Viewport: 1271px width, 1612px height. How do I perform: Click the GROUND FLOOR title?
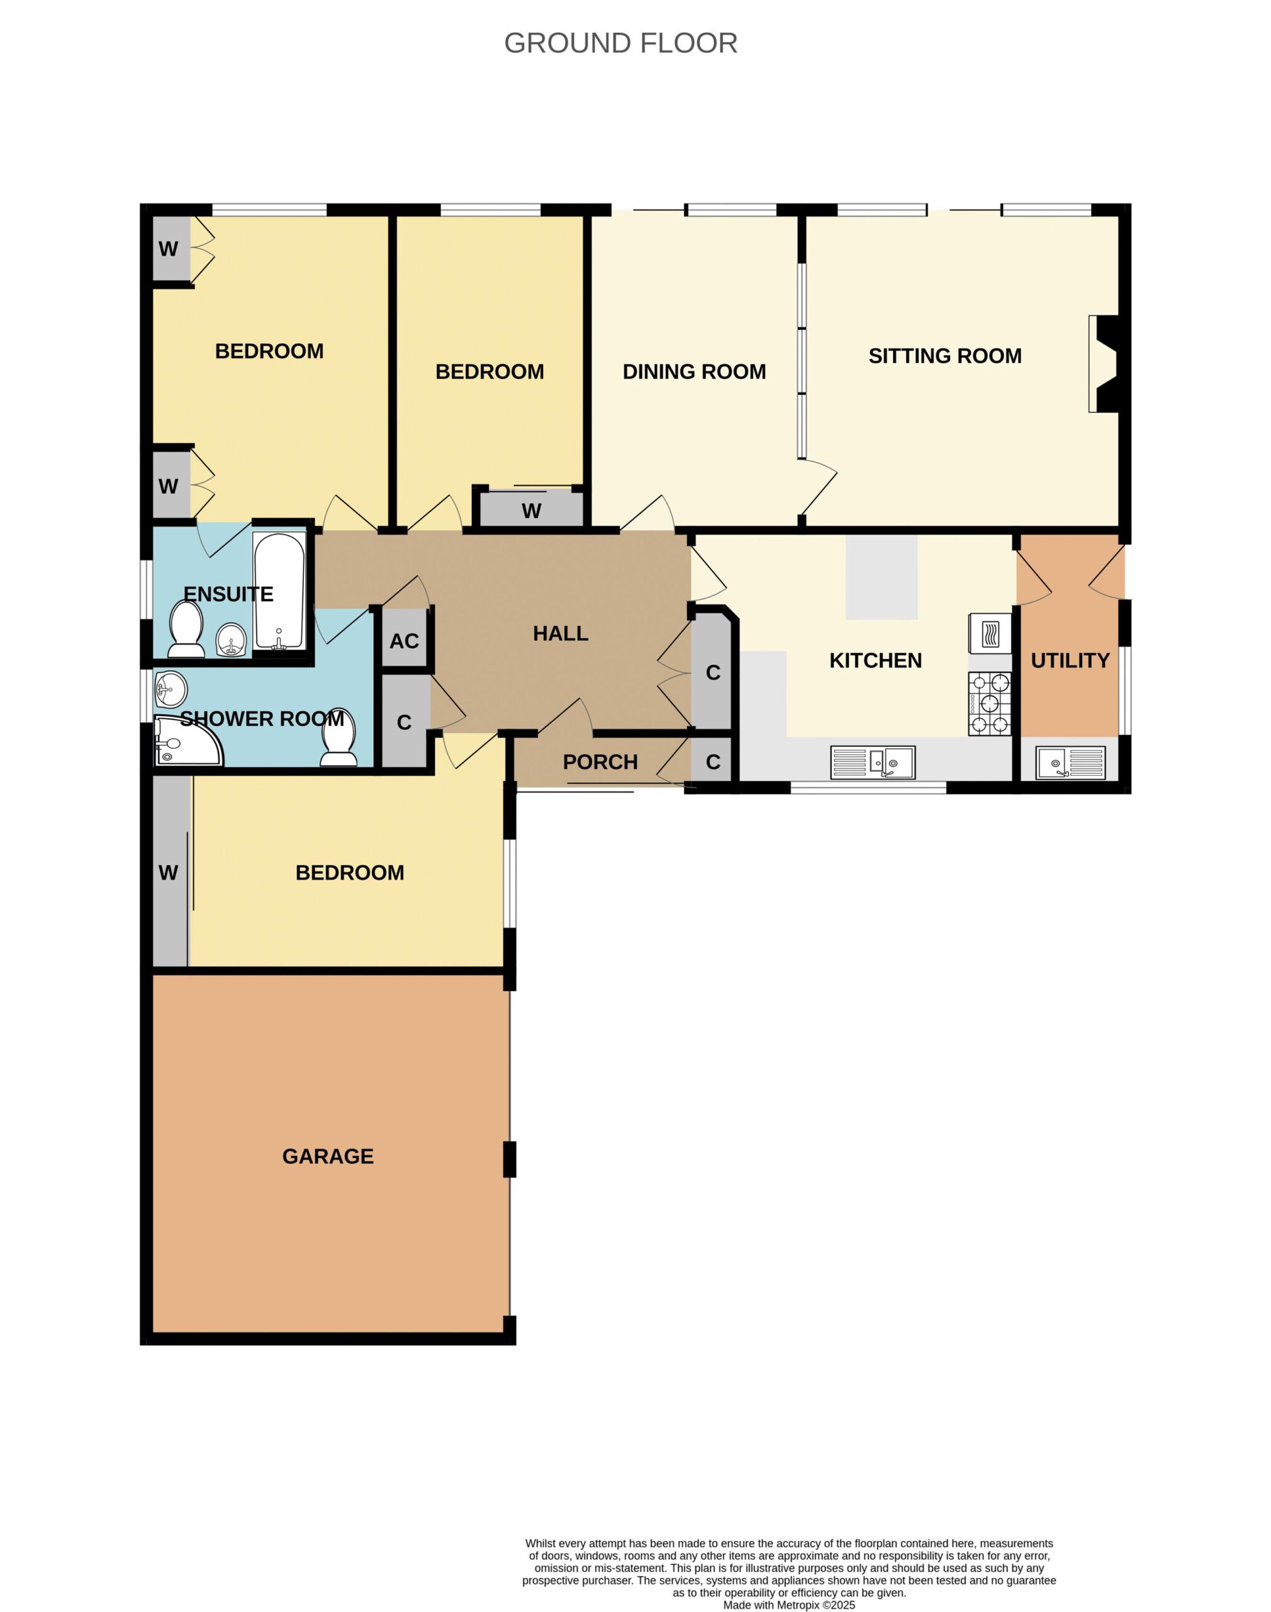pyautogui.click(x=620, y=43)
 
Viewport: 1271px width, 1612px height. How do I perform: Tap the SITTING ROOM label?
pyautogui.click(x=945, y=356)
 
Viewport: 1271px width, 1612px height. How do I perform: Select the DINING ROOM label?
pyautogui.click(x=694, y=372)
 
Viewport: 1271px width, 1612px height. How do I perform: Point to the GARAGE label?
pyautogui.click(x=328, y=1156)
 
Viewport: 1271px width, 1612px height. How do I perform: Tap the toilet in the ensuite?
pyautogui.click(x=186, y=630)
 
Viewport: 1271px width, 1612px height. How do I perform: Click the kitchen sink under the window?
pyautogui.click(x=873, y=763)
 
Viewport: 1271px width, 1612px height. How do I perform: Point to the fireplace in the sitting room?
pyautogui.click(x=1104, y=363)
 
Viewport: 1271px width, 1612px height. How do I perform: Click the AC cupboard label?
pyautogui.click(x=404, y=641)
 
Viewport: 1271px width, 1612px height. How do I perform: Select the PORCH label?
pyautogui.click(x=600, y=763)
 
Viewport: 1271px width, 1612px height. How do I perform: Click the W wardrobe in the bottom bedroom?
pyautogui.click(x=168, y=873)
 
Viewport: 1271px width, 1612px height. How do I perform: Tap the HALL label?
pyautogui.click(x=561, y=633)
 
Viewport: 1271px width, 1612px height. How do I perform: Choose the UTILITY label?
pyautogui.click(x=1070, y=661)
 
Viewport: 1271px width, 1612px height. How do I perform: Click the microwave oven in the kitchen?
pyautogui.click(x=990, y=633)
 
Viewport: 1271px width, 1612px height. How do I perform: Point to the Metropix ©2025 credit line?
pyautogui.click(x=789, y=1605)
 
